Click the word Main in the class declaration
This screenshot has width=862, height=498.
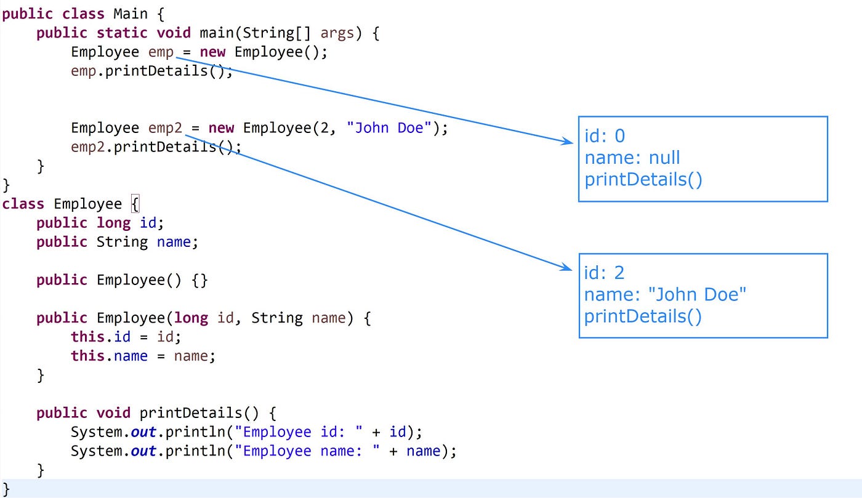(x=130, y=14)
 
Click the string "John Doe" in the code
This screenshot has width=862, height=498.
(x=389, y=128)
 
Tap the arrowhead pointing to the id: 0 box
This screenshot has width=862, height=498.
(x=568, y=142)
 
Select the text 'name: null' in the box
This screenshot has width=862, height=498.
(x=632, y=158)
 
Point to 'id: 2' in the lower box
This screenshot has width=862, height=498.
(x=605, y=272)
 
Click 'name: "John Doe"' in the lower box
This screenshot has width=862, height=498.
(x=665, y=294)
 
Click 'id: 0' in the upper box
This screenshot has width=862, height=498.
(x=605, y=136)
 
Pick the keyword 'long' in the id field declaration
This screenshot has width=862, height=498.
(x=114, y=223)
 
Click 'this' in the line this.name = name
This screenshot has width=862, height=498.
(x=87, y=356)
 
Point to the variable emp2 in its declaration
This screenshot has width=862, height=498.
(x=165, y=128)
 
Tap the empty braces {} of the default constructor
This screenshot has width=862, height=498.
(x=199, y=280)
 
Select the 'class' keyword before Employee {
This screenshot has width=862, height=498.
(x=23, y=204)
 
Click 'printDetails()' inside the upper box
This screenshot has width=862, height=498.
(x=643, y=179)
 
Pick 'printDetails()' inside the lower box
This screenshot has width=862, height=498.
(x=643, y=316)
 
